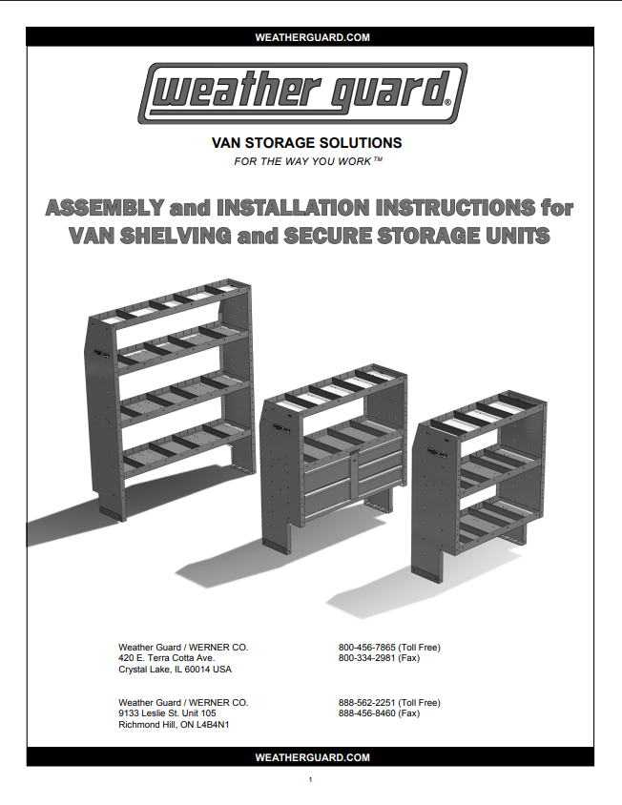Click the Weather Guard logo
[x=302, y=93]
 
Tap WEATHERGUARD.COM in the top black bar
[x=312, y=37]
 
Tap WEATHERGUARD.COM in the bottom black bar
[x=312, y=757]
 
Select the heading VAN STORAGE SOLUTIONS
[x=306, y=143]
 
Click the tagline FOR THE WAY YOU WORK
[x=308, y=161]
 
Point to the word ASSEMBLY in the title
[x=105, y=208]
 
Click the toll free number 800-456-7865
[x=366, y=648]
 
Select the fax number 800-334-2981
[x=366, y=658]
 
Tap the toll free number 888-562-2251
[x=366, y=702]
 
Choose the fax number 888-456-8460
[x=366, y=713]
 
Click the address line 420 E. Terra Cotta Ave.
[x=166, y=658]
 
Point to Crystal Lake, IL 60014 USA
[x=175, y=670]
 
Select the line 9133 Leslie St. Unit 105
[x=167, y=713]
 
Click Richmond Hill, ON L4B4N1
[x=174, y=724]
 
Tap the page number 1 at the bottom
[x=310, y=779]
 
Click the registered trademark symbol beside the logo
[x=447, y=103]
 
